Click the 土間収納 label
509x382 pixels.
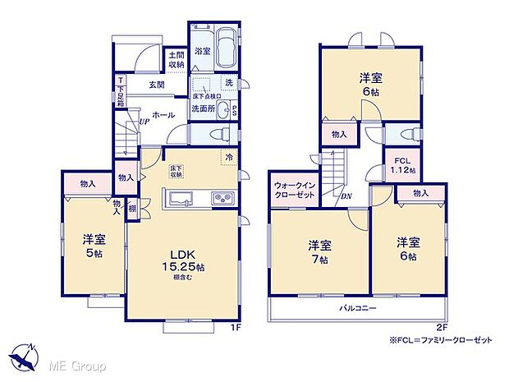click(176, 59)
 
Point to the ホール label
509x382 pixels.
click(163, 115)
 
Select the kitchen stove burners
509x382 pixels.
click(223, 198)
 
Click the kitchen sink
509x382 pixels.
click(179, 197)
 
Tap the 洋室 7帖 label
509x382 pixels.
click(319, 251)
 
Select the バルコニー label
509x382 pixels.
click(358, 308)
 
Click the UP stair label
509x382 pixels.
click(144, 121)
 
